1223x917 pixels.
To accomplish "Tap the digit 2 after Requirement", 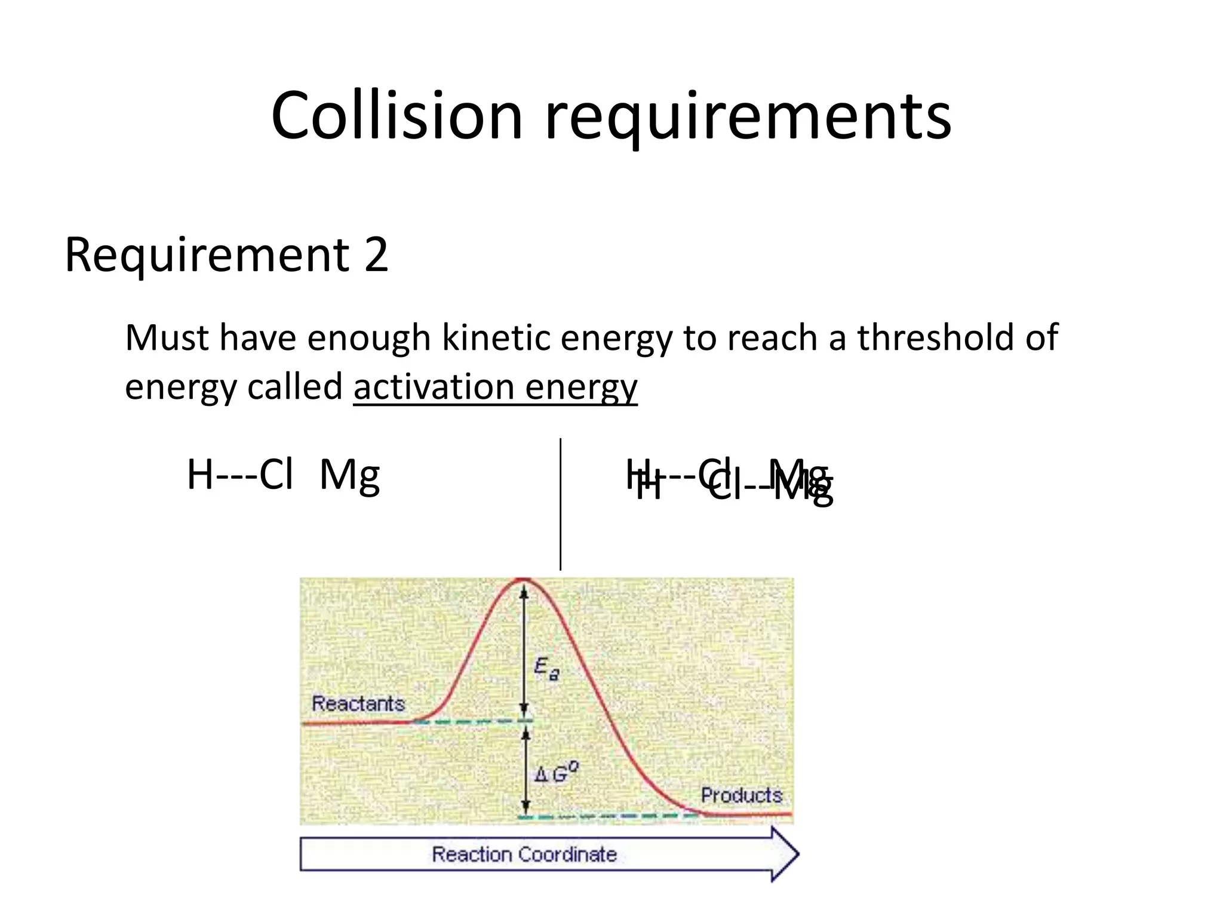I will [376, 255].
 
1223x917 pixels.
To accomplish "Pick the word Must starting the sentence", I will [167, 338].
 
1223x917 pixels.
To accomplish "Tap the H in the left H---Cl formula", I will [200, 475].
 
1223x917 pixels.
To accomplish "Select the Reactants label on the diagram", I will [358, 704].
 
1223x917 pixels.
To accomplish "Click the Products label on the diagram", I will [741, 795].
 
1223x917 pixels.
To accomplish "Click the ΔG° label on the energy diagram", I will [556, 774].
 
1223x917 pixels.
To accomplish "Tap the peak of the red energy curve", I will [524, 579].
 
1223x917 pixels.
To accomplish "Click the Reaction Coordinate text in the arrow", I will [524, 854].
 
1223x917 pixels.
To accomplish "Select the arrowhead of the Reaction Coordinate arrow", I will [785, 854].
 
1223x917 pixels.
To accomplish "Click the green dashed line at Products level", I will [609, 816].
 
